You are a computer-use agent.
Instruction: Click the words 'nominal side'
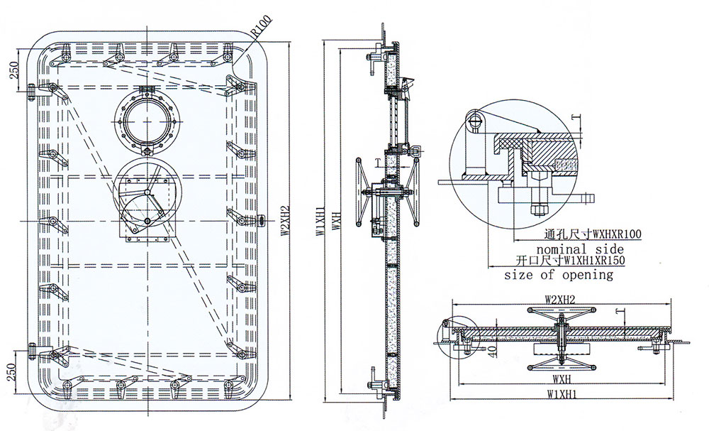click(580, 249)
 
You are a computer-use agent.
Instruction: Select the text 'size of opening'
click(559, 274)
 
